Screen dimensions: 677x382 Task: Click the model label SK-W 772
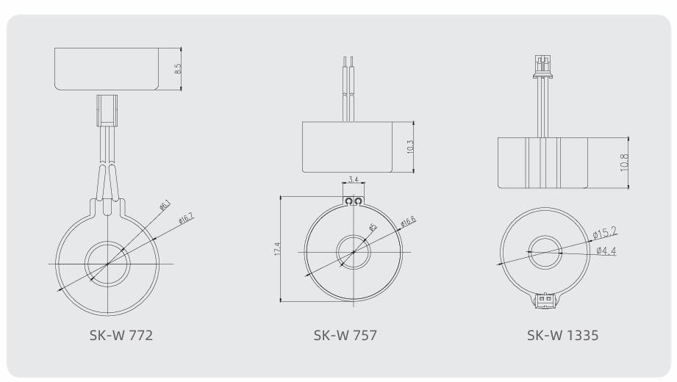coord(121,336)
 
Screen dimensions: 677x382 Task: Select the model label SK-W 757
coord(345,336)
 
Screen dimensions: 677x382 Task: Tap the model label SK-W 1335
coord(562,336)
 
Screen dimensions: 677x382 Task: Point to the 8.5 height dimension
coord(178,68)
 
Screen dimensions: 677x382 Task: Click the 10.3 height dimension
coord(410,147)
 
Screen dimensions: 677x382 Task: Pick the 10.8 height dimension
coord(624,163)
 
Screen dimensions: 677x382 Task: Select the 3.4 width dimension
coord(353,179)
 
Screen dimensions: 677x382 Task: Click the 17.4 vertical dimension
coord(277,249)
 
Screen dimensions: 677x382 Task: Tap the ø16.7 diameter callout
coord(186,218)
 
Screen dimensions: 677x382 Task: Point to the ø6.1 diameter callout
coord(165,205)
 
